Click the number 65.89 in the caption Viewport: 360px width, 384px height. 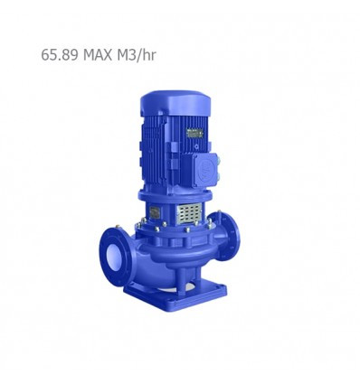(x=60, y=55)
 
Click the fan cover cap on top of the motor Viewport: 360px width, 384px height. (x=175, y=103)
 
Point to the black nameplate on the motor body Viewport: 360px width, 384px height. (x=194, y=133)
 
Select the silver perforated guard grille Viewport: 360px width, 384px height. (x=189, y=213)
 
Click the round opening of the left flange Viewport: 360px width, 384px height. (x=114, y=257)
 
